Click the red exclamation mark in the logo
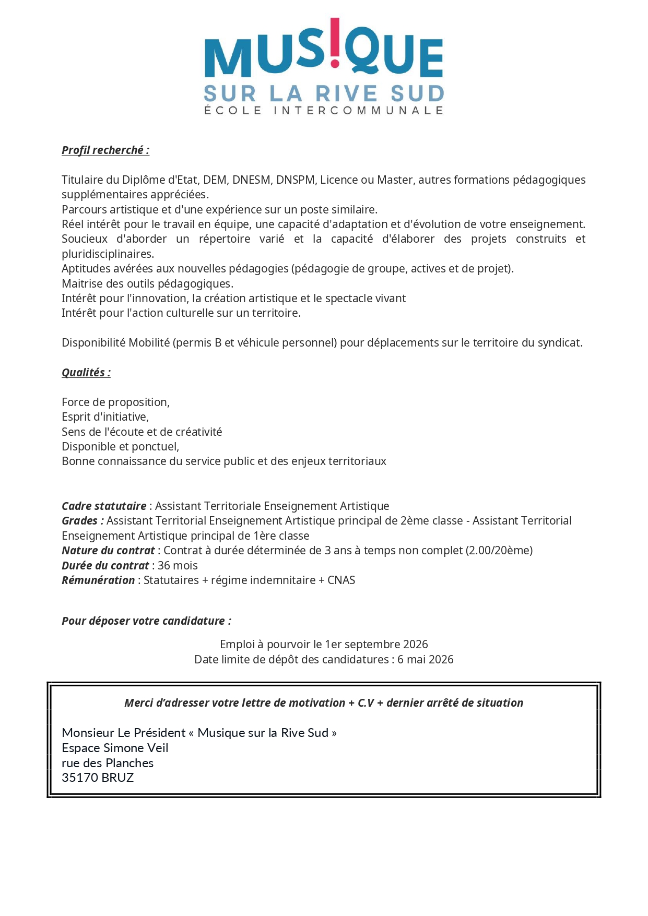coord(335,42)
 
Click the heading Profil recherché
coord(105,150)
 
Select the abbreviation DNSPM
coord(295,180)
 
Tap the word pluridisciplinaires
coord(108,254)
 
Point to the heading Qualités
coord(86,373)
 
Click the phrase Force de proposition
coord(115,402)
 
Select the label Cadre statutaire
coord(104,506)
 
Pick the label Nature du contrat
coord(108,551)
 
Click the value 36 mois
coord(178,566)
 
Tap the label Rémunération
coord(98,580)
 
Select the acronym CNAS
coord(341,580)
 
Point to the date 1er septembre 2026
coord(376,645)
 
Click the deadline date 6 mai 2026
coord(425,660)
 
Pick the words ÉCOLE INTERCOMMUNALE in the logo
coord(324,111)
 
